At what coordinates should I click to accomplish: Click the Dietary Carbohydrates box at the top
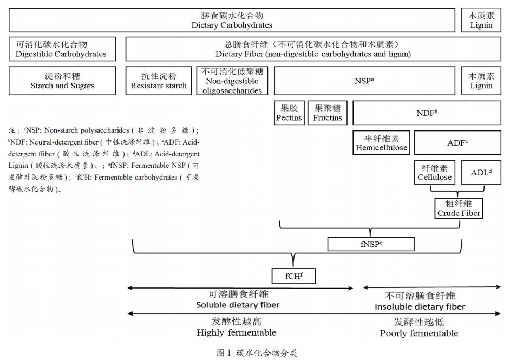tap(232, 21)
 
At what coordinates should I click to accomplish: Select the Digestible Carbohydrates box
tap(61, 49)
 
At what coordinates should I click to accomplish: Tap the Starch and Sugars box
tap(62, 81)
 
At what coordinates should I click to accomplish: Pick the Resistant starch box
tap(159, 81)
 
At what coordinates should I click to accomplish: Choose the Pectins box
tap(289, 113)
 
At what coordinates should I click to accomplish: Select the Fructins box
tap(328, 113)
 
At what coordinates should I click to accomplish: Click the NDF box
tap(427, 113)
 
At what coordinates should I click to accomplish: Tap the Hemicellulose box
tap(382, 142)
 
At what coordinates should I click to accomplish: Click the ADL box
tap(481, 172)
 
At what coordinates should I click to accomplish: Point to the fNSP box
tap(371, 244)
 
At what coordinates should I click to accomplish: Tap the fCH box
tap(293, 276)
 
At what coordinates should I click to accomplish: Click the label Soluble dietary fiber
tap(238, 305)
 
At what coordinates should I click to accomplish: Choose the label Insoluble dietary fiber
tap(420, 307)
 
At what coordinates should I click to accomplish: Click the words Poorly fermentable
tap(419, 333)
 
